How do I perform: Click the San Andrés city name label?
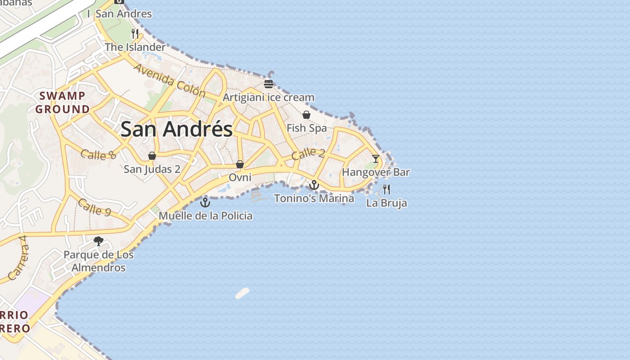click(176, 129)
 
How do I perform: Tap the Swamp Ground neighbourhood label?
click(63, 102)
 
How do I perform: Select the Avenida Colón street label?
click(170, 81)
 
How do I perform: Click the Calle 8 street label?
click(99, 154)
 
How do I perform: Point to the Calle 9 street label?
click(94, 207)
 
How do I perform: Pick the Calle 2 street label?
click(308, 154)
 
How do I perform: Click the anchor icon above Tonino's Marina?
click(314, 185)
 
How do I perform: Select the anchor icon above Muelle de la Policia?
click(205, 202)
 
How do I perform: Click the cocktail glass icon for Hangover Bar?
click(376, 158)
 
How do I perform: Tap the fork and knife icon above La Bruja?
click(386, 189)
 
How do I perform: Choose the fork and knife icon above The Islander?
click(135, 33)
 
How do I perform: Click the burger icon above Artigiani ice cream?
click(269, 84)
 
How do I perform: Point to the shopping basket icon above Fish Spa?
click(306, 115)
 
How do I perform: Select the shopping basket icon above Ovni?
click(240, 164)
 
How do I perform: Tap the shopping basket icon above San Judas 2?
click(152, 156)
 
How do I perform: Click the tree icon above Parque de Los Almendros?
click(99, 241)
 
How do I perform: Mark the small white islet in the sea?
click(242, 293)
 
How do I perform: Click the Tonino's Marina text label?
click(314, 198)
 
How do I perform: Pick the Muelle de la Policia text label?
click(206, 216)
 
